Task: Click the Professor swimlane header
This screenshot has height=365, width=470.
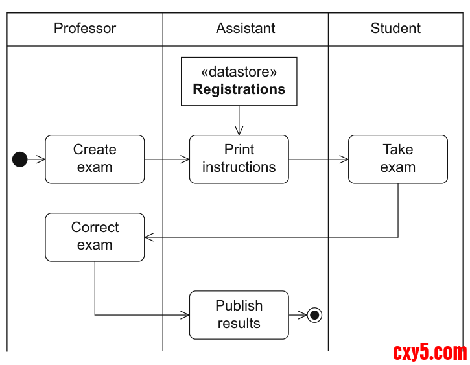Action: [85, 29]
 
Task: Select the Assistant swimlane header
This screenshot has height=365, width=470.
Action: [245, 29]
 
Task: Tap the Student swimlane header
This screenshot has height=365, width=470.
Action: [395, 29]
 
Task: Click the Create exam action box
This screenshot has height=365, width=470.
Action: [95, 159]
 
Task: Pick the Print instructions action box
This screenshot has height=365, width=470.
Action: [239, 159]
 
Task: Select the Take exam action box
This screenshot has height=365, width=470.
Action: [397, 159]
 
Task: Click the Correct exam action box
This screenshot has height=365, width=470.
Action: [95, 237]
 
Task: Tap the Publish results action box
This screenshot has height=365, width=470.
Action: [239, 314]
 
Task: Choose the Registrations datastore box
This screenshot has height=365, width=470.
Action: [239, 81]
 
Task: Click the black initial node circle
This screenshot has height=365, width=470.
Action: [20, 159]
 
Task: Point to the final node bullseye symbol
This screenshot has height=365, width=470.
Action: [314, 315]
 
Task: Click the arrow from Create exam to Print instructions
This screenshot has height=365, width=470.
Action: [167, 159]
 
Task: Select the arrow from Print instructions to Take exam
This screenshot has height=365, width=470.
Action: [318, 159]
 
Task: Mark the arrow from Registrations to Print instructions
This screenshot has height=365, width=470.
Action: [239, 120]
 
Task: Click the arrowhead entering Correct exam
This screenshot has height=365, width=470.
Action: [148, 237]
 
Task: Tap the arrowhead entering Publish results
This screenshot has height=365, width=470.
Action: [185, 315]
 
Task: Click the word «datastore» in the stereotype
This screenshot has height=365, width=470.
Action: [239, 72]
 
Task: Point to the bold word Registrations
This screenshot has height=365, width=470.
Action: [239, 89]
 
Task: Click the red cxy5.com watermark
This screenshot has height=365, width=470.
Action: [430, 353]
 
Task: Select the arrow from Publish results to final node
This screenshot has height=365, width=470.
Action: [298, 315]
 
